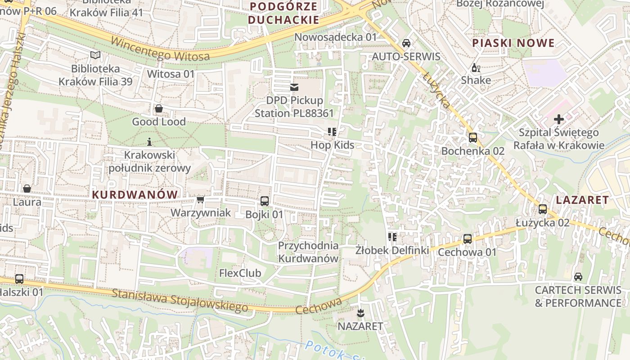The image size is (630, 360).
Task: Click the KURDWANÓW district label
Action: pyautogui.click(x=135, y=194)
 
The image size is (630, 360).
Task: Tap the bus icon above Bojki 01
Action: pyautogui.click(x=265, y=201)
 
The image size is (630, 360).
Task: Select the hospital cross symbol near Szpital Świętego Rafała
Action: pyautogui.click(x=559, y=119)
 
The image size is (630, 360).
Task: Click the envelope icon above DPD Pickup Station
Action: pyautogui.click(x=294, y=87)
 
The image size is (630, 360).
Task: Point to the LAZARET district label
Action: pyautogui.click(x=582, y=200)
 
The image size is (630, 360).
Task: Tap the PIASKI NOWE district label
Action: pyautogui.click(x=513, y=43)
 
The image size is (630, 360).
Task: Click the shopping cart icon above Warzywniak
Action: pyautogui.click(x=200, y=199)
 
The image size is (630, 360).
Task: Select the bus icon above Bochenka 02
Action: pyautogui.click(x=472, y=138)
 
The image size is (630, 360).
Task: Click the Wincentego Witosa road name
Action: pyautogui.click(x=160, y=49)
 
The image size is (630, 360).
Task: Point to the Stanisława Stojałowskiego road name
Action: pyautogui.click(x=180, y=300)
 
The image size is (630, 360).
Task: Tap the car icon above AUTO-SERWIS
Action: pyautogui.click(x=406, y=44)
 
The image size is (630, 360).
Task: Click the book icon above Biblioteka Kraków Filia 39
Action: pyautogui.click(x=95, y=55)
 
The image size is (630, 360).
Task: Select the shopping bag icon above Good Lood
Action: pyautogui.click(x=158, y=108)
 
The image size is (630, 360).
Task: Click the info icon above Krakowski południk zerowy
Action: pyautogui.click(x=149, y=142)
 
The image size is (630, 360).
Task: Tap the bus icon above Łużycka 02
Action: pyautogui.click(x=543, y=209)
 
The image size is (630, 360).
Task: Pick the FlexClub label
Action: pyautogui.click(x=240, y=273)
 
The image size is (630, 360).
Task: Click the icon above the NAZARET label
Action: pyautogui.click(x=360, y=312)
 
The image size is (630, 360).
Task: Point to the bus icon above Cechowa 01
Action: pyautogui.click(x=468, y=239)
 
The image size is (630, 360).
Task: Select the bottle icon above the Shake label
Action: pyautogui.click(x=475, y=67)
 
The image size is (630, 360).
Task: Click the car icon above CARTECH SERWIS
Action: pyautogui.click(x=578, y=277)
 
